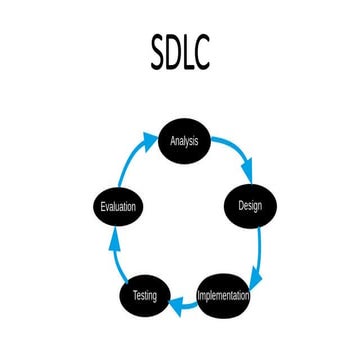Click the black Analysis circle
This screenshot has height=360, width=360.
click(184, 142)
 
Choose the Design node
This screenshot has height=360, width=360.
click(250, 207)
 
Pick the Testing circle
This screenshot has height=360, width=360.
click(145, 296)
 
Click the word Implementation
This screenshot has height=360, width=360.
click(224, 296)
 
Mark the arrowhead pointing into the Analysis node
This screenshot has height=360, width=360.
click(154, 136)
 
